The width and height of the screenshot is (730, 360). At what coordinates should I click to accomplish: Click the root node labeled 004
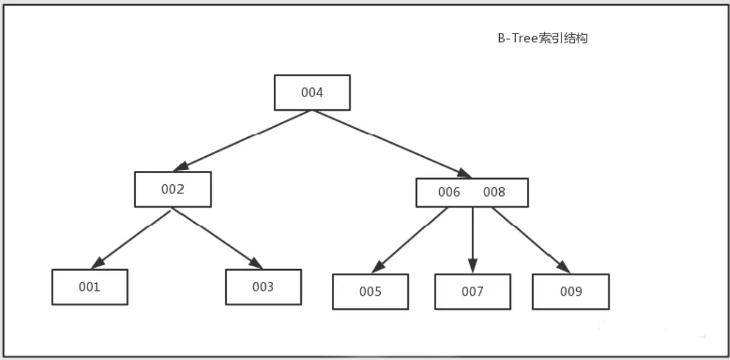(x=312, y=93)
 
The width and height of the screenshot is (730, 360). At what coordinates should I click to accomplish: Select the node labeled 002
(x=173, y=189)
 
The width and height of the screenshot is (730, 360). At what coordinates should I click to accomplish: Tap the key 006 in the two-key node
(x=449, y=192)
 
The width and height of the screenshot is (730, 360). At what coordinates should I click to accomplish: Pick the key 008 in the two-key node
(x=494, y=192)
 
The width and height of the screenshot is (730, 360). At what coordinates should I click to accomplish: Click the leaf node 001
(x=89, y=287)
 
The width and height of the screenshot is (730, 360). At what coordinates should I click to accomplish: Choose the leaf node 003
(x=263, y=287)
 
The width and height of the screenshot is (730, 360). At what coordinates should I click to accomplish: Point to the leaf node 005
(x=370, y=292)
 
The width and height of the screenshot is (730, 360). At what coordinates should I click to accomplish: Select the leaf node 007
(x=472, y=292)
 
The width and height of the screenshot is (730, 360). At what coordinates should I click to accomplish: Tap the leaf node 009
(x=570, y=292)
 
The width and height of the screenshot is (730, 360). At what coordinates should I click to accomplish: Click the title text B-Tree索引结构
(x=541, y=39)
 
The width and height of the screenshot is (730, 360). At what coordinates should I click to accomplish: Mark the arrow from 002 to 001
(x=132, y=238)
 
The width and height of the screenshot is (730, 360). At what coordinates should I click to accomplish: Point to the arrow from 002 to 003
(x=216, y=238)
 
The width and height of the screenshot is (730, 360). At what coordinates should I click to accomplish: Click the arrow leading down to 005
(x=411, y=240)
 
